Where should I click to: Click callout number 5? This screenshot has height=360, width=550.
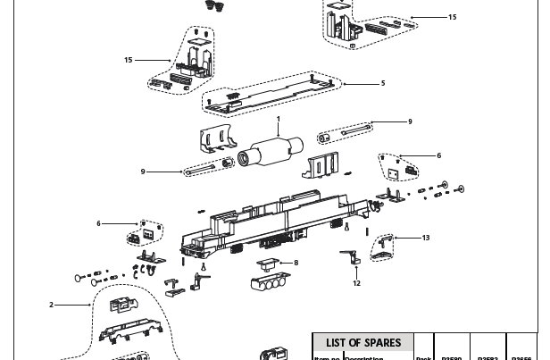coord(383,83)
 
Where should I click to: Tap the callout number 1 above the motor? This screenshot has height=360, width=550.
coord(278,119)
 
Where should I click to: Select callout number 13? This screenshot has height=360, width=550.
coord(426,238)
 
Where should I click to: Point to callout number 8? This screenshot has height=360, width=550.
coord(296,263)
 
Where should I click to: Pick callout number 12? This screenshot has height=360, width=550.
coord(356,283)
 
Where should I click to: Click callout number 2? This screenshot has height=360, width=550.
coord(51,305)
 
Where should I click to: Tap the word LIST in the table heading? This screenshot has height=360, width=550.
coord(336,343)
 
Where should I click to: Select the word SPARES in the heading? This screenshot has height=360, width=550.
coord(384,343)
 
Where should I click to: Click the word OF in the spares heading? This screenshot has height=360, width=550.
coord(355,343)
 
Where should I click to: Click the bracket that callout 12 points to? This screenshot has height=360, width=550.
coord(351,256)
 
